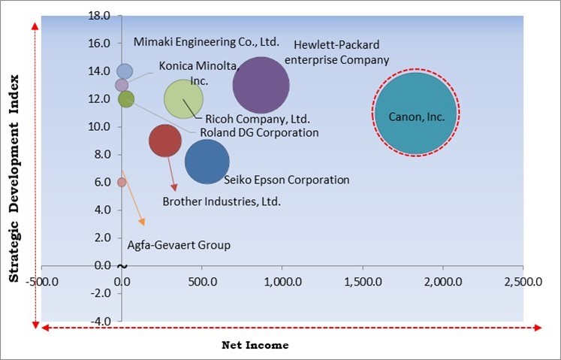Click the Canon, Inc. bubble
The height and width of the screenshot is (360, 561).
coord(415,113)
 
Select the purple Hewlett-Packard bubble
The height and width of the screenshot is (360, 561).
coord(261,85)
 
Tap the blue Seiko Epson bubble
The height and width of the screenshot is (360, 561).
coord(207,162)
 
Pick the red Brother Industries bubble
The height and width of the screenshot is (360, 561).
coord(165,141)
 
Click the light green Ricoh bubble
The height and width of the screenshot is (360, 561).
coord(183,98)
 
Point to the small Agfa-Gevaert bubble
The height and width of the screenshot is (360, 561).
coord(122,182)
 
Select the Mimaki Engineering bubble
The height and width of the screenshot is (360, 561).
coord(125,71)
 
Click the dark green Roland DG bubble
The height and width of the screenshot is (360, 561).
coord(126,98)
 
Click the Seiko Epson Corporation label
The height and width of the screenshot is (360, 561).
coord(287,180)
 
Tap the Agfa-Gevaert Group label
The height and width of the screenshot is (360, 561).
coord(179,245)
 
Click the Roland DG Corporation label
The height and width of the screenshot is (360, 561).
coord(259,132)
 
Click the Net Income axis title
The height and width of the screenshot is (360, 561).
coord(255,345)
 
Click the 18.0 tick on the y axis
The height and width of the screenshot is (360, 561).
coord(101,16)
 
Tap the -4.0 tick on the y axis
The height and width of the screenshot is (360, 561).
coord(101,321)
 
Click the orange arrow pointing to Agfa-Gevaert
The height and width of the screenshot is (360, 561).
coord(133,199)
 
